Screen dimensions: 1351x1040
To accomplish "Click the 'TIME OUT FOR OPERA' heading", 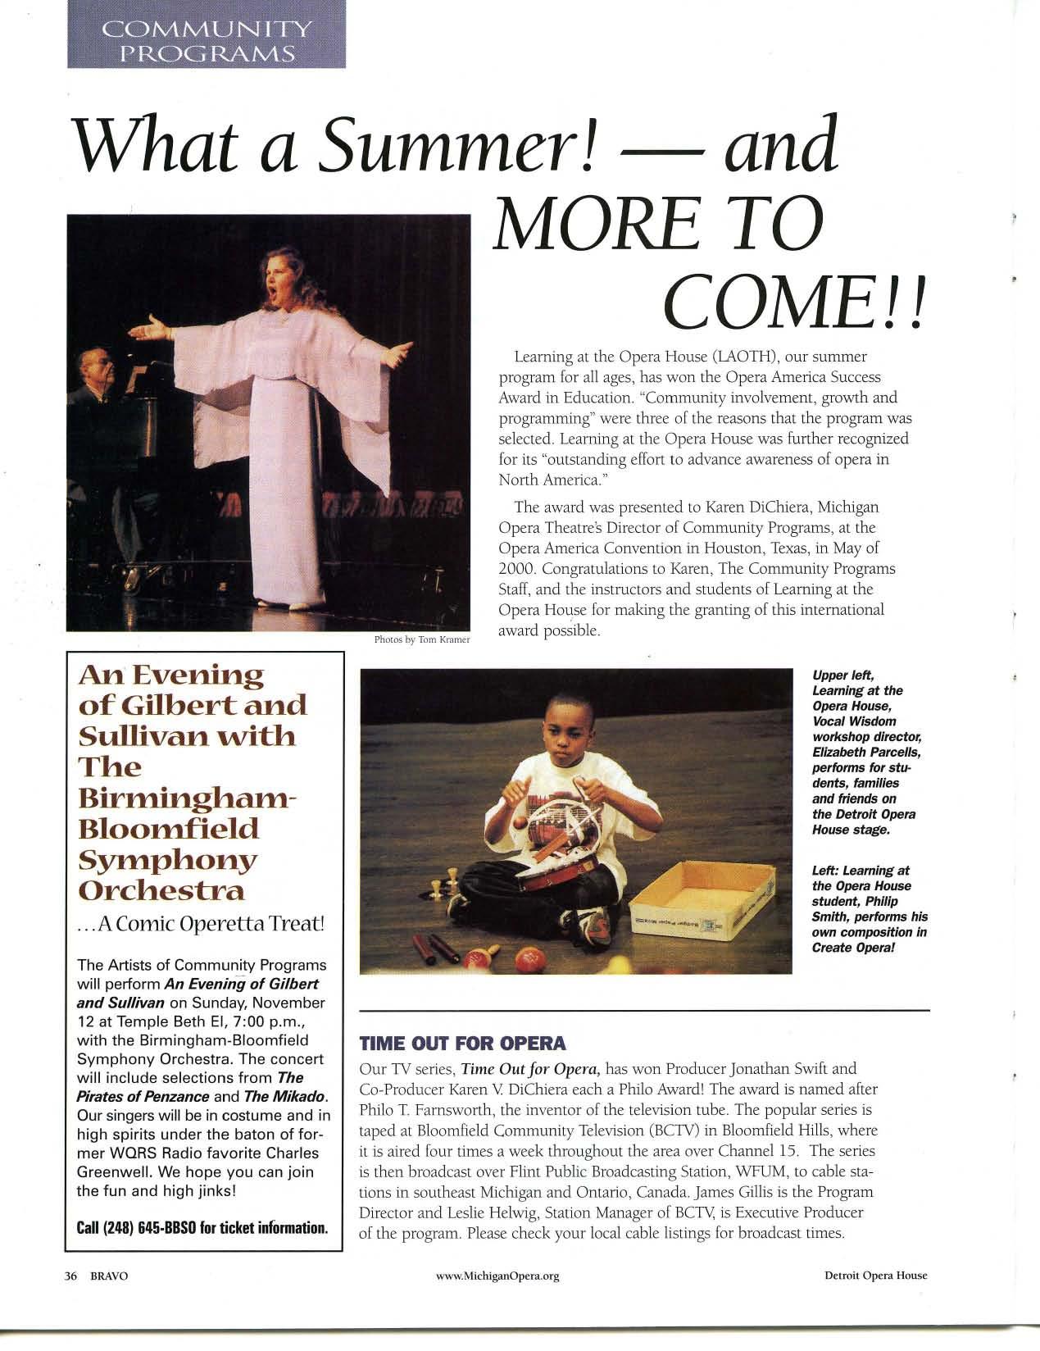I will (x=462, y=1044).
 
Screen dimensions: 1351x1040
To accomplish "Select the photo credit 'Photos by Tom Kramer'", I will (x=421, y=640).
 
